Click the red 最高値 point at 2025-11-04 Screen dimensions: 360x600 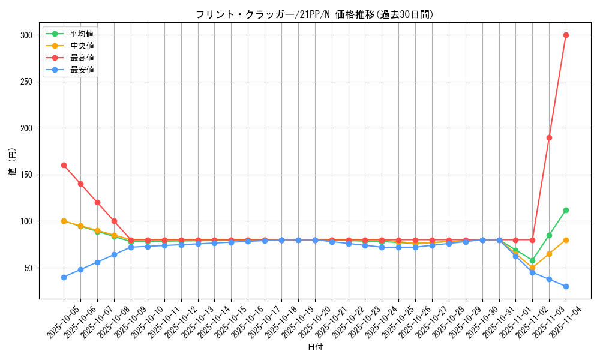click(566, 35)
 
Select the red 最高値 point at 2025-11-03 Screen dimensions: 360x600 click(549, 137)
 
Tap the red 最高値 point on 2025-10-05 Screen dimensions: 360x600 click(64, 165)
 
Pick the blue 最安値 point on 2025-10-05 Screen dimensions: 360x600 click(64, 277)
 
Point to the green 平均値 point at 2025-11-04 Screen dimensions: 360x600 click(566, 210)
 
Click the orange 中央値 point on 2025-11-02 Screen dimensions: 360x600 click(532, 268)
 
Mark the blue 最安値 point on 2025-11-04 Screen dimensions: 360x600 click(566, 286)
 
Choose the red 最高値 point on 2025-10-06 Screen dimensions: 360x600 click(80, 184)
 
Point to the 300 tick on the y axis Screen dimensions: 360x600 click(26, 35)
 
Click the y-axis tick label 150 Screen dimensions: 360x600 click(26, 175)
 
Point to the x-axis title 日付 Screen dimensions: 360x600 click(315, 347)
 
